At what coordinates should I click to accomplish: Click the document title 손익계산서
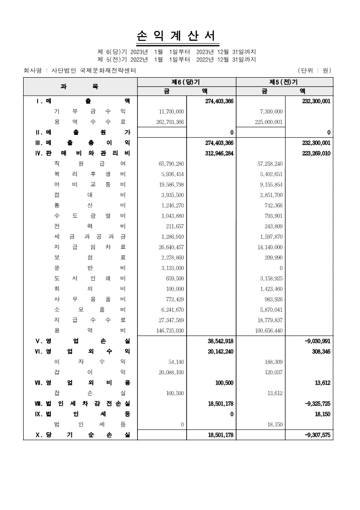pos(178,36)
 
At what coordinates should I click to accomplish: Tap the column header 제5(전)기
pos(284,82)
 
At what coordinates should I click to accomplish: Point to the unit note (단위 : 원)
pos(315,70)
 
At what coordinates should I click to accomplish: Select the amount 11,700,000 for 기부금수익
pos(172,111)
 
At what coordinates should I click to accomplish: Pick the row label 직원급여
pos(89,163)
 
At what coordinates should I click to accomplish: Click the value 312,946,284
pos(219,153)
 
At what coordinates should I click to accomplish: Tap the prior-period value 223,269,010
pos(316,153)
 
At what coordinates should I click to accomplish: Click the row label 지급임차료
pos(89,247)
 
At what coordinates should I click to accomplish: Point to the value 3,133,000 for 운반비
pos(173,268)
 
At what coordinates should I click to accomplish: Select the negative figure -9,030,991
pos(318,341)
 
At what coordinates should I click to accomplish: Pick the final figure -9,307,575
pos(318,435)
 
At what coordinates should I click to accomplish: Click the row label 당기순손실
pos(83,435)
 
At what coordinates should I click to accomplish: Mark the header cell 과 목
pos(79,86)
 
